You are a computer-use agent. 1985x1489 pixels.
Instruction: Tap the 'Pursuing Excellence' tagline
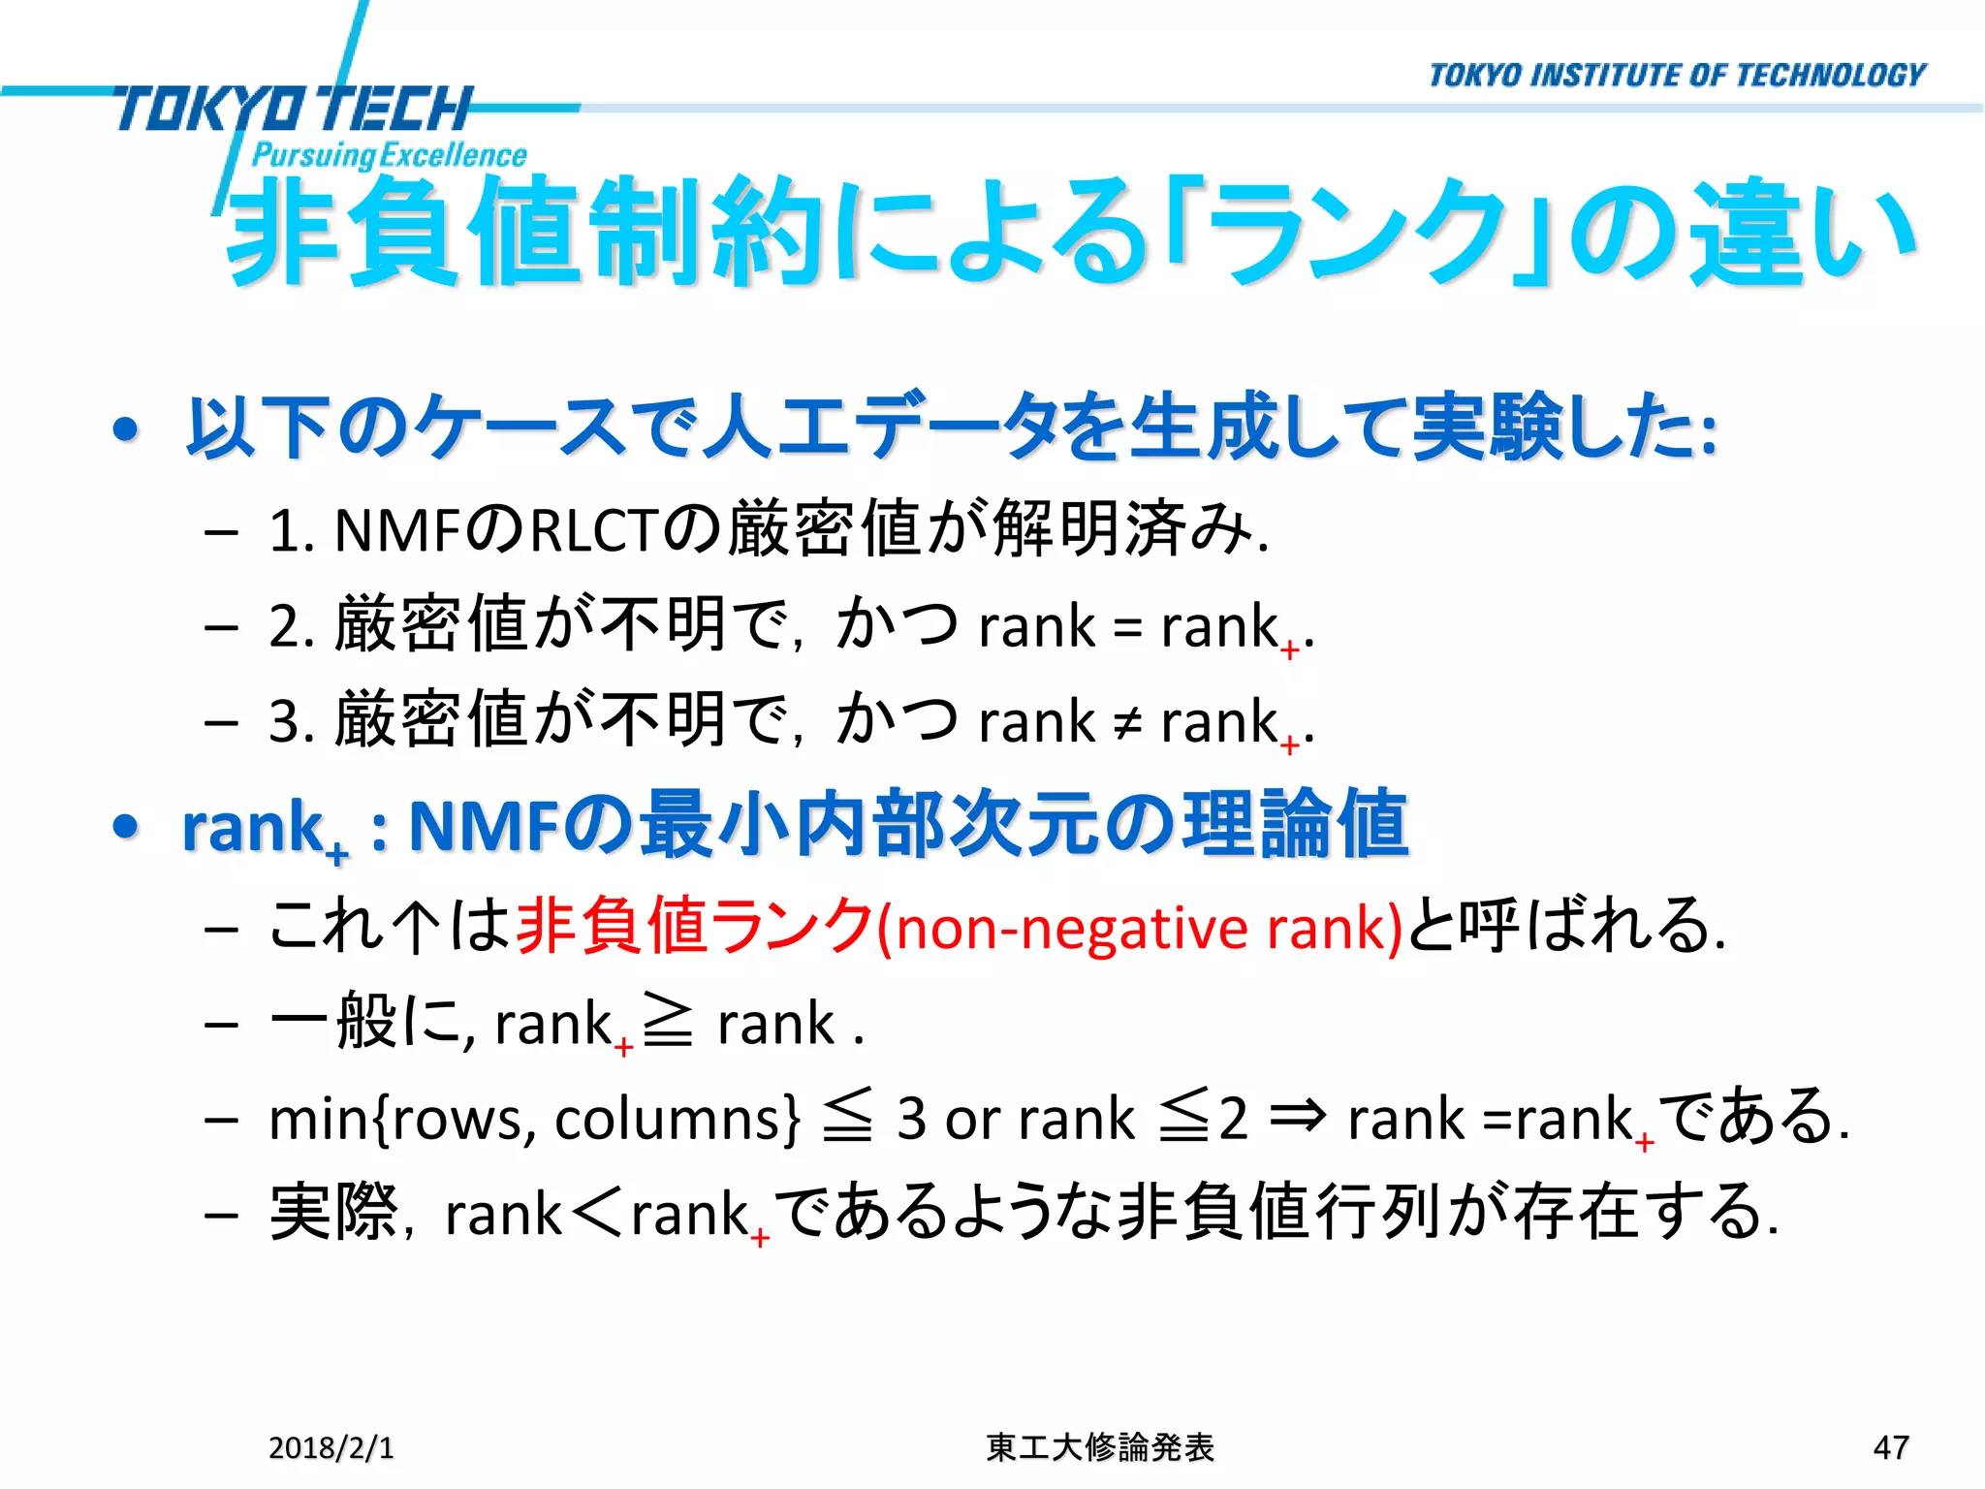pyautogui.click(x=389, y=155)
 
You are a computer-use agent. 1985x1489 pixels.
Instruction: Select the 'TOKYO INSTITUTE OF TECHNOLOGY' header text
pyautogui.click(x=1677, y=76)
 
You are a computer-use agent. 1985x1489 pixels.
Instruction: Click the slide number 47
pyautogui.click(x=1890, y=1447)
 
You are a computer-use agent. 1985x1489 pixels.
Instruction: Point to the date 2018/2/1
pyautogui.click(x=331, y=1447)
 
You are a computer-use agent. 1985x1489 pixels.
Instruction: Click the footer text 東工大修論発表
pyautogui.click(x=1100, y=1447)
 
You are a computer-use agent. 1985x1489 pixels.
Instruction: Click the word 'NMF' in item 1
pyautogui.click(x=397, y=531)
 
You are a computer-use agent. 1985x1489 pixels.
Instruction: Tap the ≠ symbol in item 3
pyautogui.click(x=1127, y=722)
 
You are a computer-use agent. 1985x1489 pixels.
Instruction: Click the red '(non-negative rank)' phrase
pyautogui.click(x=1140, y=928)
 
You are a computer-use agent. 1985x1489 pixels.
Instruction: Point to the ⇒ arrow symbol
pyautogui.click(x=1297, y=1117)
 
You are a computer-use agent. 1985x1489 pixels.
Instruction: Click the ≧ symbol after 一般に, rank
pyautogui.click(x=668, y=1023)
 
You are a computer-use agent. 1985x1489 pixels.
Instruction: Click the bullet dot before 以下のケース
pyautogui.click(x=126, y=428)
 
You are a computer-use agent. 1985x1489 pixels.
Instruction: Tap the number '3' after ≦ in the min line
pyautogui.click(x=912, y=1119)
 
